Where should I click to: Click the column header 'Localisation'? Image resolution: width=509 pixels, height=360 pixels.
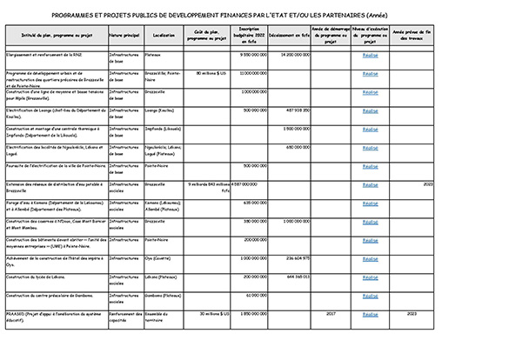163,36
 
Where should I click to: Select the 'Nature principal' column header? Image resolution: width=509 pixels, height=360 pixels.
124,36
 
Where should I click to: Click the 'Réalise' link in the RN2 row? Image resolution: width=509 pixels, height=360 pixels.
370,55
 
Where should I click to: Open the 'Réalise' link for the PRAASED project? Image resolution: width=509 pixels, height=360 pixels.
370,313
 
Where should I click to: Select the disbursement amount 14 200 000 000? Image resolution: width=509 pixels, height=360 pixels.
291,55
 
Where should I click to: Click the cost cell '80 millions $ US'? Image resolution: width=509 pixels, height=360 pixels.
205,73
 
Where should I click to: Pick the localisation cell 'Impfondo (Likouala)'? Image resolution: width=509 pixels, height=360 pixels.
164,129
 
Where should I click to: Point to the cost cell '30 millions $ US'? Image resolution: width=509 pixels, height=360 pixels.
205,313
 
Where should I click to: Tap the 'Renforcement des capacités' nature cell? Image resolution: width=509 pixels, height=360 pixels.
124,316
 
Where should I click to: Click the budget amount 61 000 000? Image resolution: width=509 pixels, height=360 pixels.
253,295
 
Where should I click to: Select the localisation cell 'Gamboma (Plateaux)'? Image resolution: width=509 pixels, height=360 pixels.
163,295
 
